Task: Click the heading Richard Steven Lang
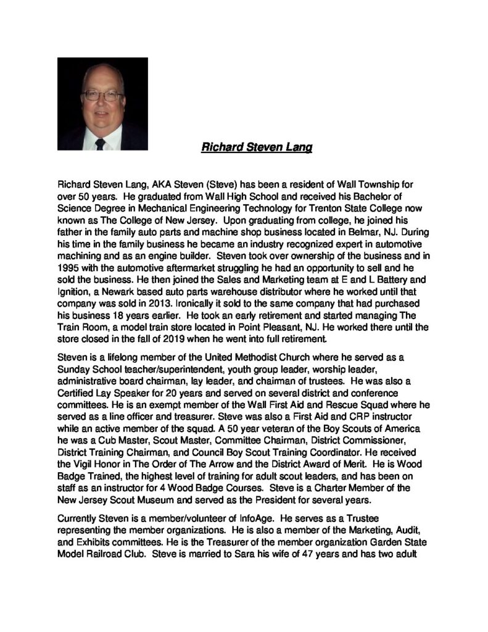(257, 148)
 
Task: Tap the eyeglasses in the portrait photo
(103, 96)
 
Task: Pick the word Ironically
(188, 304)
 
